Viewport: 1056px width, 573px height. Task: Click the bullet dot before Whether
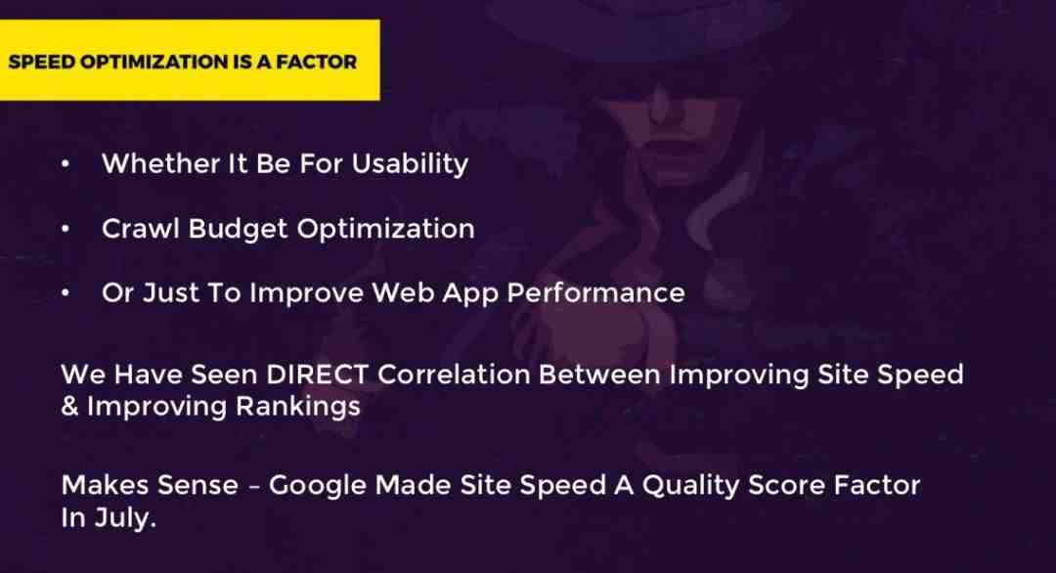point(65,164)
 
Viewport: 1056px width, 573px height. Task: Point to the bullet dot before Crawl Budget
point(65,229)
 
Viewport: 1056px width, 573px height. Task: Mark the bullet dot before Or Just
point(65,293)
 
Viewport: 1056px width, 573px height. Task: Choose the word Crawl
point(141,228)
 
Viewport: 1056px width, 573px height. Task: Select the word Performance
point(595,293)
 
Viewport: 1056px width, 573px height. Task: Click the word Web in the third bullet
point(398,293)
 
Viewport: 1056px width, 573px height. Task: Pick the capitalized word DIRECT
point(317,375)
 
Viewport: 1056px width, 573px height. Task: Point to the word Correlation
point(454,375)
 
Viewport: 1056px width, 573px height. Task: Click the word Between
point(598,375)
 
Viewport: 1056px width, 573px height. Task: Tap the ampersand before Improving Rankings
point(69,406)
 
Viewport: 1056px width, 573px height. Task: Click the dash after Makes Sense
point(253,486)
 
